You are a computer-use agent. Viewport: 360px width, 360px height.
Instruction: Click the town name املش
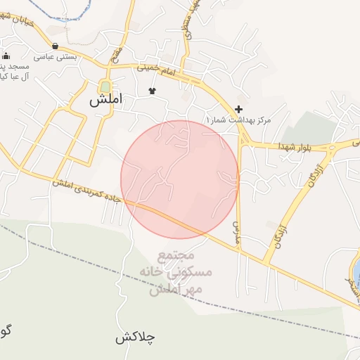(x=105, y=101)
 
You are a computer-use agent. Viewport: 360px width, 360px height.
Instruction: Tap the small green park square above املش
(x=105, y=86)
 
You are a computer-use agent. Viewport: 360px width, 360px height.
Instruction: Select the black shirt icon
(x=152, y=91)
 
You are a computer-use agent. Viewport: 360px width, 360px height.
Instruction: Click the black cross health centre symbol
(x=239, y=109)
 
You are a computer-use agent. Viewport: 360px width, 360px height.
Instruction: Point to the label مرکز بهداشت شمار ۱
(x=236, y=121)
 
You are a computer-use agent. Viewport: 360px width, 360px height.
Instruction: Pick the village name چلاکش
(x=135, y=337)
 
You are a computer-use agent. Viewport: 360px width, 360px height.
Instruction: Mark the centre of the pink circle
(x=180, y=179)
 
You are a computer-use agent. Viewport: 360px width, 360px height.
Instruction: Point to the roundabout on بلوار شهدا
(x=331, y=148)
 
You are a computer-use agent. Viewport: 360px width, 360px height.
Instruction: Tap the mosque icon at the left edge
(x=6, y=56)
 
